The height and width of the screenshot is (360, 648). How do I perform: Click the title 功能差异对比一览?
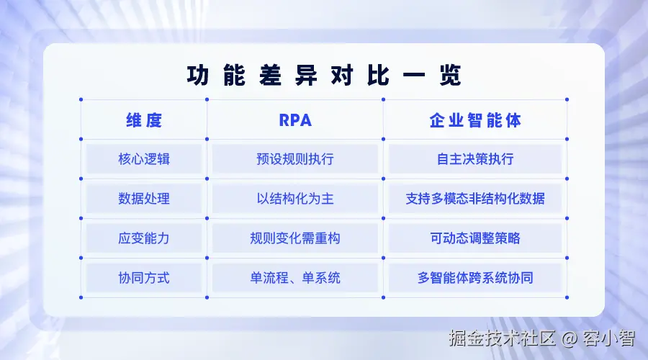(x=324, y=76)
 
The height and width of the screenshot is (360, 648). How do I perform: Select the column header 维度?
(x=144, y=120)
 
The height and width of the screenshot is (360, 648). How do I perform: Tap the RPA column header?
(x=295, y=120)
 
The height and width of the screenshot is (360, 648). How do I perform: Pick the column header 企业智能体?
(x=475, y=120)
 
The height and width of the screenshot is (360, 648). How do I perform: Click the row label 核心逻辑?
(x=144, y=159)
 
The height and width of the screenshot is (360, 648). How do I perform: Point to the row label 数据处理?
(x=144, y=199)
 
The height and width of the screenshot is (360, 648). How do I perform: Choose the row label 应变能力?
(x=144, y=238)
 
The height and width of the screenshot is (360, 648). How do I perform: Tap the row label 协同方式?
(x=144, y=278)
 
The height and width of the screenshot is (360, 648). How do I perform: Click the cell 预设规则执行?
(x=295, y=159)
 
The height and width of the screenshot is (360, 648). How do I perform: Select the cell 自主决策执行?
(x=475, y=159)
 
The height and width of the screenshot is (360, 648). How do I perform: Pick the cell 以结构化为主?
(x=295, y=199)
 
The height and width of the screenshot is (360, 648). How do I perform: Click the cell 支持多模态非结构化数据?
(x=475, y=199)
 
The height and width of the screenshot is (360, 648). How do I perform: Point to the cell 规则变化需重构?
(x=295, y=238)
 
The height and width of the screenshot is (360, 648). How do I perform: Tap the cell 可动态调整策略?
(x=475, y=238)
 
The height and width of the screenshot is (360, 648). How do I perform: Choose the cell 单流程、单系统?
(x=295, y=278)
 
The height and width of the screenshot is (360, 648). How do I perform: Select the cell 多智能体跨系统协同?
(x=475, y=278)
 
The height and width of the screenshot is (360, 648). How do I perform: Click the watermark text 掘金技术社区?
(x=502, y=338)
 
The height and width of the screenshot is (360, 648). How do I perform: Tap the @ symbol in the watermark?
(x=569, y=339)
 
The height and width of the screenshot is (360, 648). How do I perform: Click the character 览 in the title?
(x=451, y=76)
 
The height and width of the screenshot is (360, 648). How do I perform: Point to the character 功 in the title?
(x=197, y=76)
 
